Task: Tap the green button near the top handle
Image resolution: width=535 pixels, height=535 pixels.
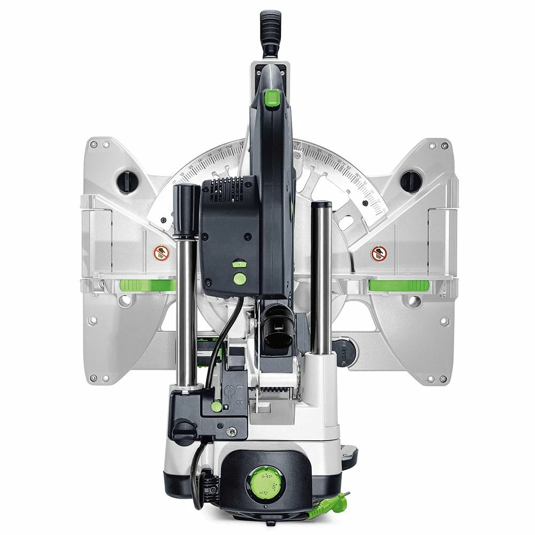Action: click(x=273, y=98)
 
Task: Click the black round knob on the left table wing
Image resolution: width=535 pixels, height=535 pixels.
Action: click(x=127, y=182)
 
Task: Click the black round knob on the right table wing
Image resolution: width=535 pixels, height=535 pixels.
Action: click(x=410, y=181)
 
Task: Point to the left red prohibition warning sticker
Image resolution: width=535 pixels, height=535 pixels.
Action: click(x=162, y=253)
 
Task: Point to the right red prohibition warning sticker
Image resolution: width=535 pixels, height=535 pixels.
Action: click(x=379, y=254)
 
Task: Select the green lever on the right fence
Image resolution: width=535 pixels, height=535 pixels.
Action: click(x=399, y=285)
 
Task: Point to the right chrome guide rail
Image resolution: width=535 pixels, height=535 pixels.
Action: click(x=322, y=278)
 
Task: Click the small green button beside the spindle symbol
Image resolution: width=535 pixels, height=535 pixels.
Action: click(x=216, y=406)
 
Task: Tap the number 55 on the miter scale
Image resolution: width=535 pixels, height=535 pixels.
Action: click(x=182, y=174)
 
